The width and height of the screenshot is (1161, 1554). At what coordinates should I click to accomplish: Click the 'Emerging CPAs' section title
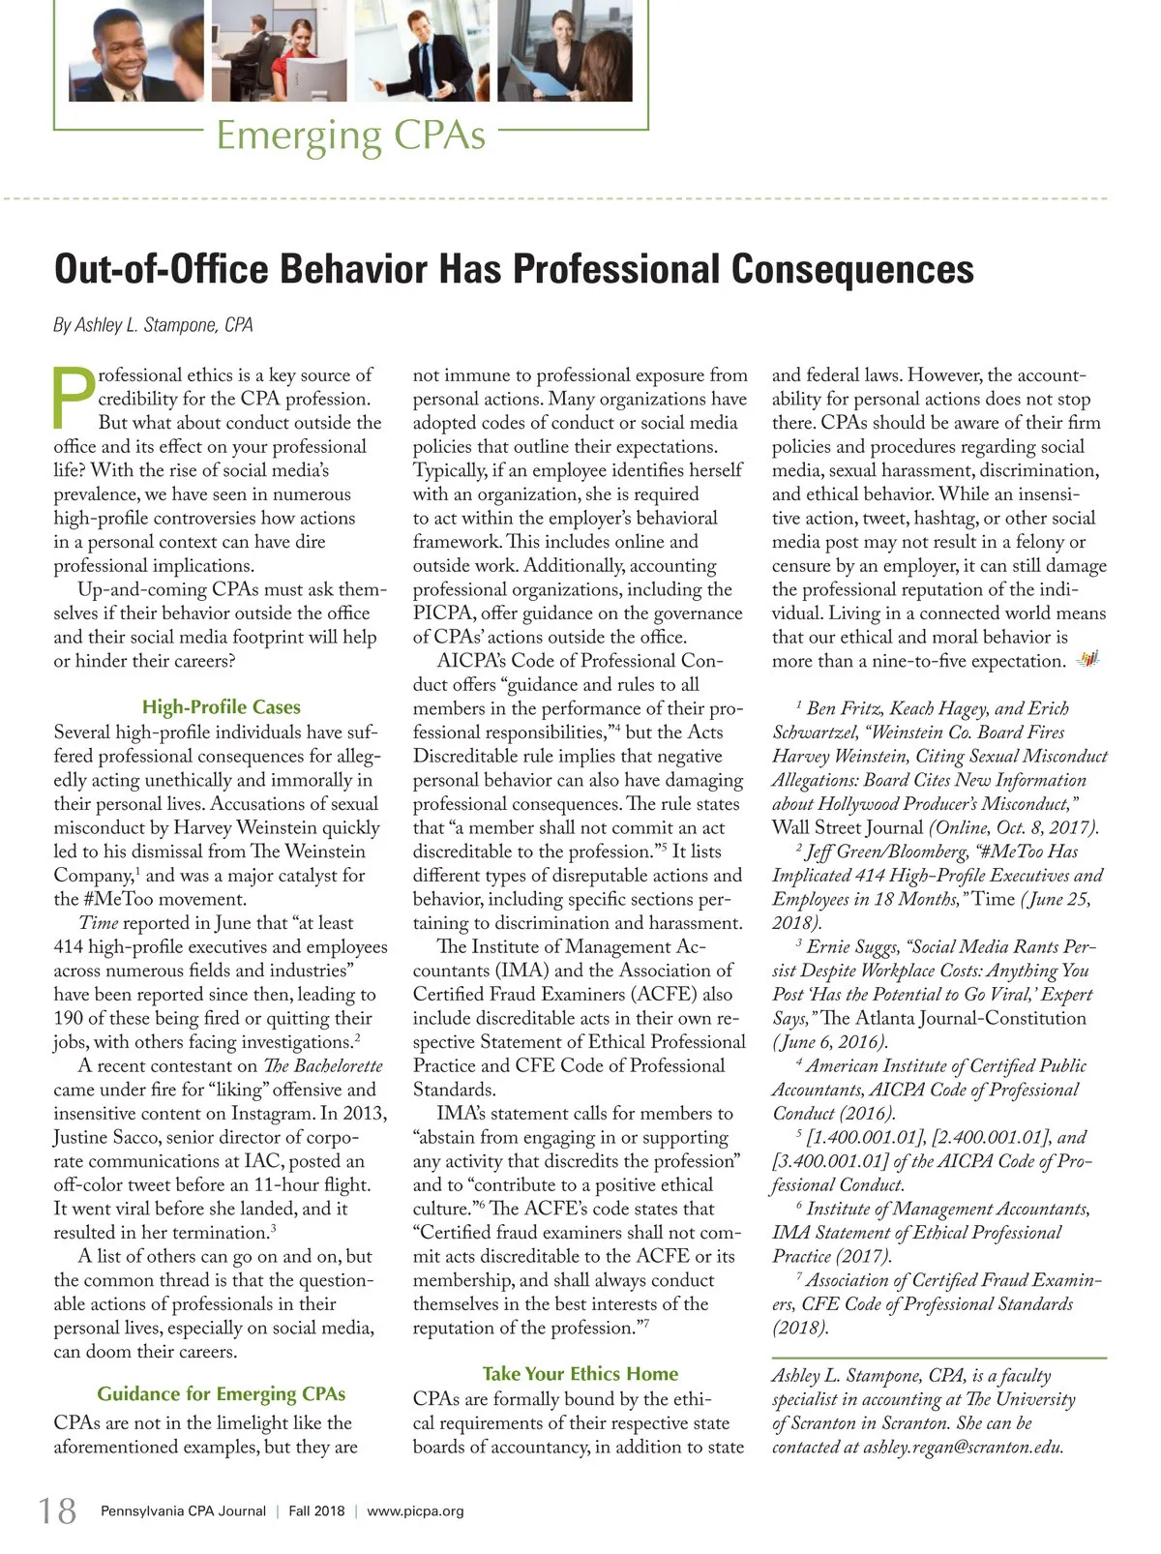coord(350,135)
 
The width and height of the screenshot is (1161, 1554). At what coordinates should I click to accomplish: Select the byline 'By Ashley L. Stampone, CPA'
coord(153,325)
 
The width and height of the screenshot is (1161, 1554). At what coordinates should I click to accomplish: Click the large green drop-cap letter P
coord(74,398)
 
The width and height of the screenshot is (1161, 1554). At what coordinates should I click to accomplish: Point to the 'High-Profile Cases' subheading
coord(221,707)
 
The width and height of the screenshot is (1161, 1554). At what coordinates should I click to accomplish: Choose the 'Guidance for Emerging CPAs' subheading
coord(221,1394)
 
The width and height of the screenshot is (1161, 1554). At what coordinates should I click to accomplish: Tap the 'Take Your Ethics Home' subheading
coord(580,1374)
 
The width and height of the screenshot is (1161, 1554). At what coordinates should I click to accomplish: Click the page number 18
coord(57,1510)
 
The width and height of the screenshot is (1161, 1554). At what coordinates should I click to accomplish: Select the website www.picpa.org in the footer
coord(415,1511)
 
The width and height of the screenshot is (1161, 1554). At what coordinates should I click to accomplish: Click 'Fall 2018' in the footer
coord(316,1511)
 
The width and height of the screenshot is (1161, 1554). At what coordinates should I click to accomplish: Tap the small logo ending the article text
coord(1089,660)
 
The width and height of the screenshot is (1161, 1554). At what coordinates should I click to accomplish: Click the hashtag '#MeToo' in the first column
coord(118,899)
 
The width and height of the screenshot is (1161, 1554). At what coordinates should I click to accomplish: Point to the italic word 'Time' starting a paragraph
coord(98,923)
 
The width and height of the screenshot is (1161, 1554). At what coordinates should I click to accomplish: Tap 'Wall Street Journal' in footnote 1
coord(847,827)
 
